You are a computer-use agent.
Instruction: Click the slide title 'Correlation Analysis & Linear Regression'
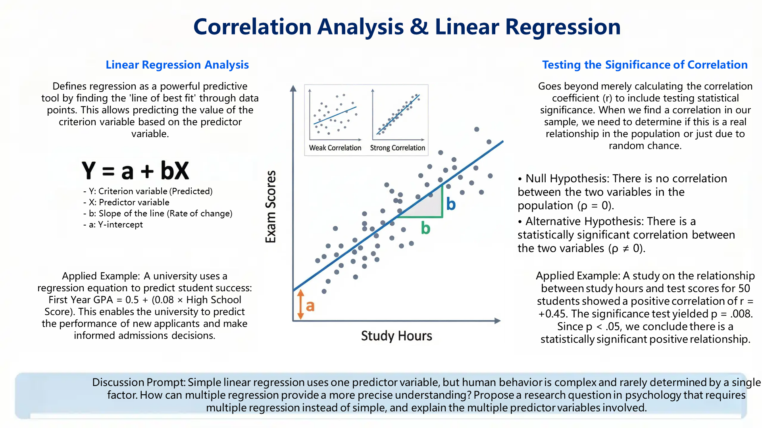coord(407,27)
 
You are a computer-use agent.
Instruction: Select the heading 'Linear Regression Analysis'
coord(177,65)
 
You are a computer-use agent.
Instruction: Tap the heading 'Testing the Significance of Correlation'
coord(645,65)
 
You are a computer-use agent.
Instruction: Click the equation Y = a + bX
coord(135,170)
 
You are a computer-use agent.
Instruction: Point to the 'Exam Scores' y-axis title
coord(271,206)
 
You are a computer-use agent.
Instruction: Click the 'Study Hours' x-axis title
coord(396,336)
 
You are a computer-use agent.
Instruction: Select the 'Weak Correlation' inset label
coord(335,148)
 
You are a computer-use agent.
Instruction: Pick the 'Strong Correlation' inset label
coord(397,148)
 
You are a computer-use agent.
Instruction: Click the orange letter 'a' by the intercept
coord(310,306)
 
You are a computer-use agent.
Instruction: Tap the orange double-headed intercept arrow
coord(300,304)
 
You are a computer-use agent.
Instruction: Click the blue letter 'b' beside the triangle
coord(451,204)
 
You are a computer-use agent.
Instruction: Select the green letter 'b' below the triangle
coord(425,228)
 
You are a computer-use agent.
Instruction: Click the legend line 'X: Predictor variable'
coord(129,202)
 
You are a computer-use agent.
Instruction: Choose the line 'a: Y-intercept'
coord(115,224)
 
